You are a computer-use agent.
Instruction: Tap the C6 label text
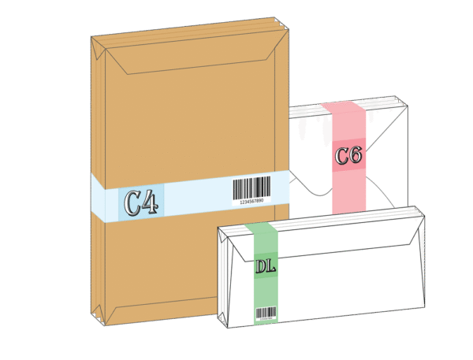point(348,155)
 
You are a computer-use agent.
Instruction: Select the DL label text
point(266,266)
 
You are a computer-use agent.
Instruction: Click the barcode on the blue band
point(252,187)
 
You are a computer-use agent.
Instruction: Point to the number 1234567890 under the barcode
point(251,202)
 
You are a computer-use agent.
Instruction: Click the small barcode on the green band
point(266,312)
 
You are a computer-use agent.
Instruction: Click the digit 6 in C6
point(356,155)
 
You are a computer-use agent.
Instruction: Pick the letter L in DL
point(271,266)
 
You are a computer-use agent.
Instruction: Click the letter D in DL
point(260,266)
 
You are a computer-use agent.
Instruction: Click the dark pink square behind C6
point(349,155)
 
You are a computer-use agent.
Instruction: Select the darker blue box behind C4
point(141,202)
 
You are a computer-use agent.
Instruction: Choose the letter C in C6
point(341,156)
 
